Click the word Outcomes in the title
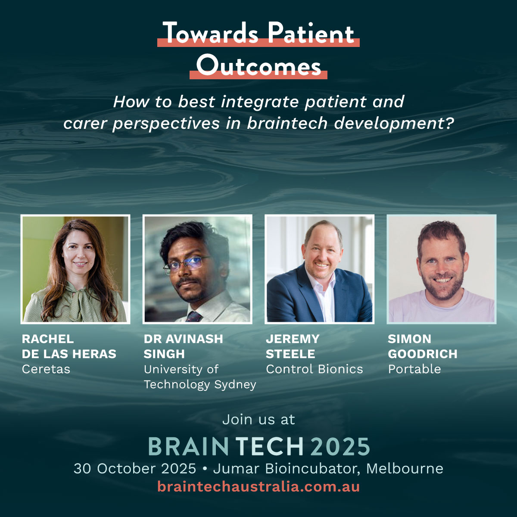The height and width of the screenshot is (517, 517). [x=258, y=65]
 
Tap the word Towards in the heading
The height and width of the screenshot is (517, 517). [x=210, y=33]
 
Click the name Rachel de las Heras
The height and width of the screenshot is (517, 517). [x=69, y=346]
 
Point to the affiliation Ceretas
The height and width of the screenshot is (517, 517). [x=46, y=369]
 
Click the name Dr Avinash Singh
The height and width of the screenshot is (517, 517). [x=183, y=346]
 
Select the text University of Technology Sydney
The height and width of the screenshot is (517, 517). [x=200, y=377]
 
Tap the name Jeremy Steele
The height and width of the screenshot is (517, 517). [x=293, y=346]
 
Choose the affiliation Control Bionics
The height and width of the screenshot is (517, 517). [x=314, y=369]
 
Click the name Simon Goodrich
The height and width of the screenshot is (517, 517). [x=423, y=346]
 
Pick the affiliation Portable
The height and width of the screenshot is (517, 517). [x=414, y=369]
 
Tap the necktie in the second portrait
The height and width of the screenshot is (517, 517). [x=194, y=316]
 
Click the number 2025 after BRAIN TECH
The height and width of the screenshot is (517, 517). [x=341, y=446]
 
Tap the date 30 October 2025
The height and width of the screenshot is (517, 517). [x=135, y=469]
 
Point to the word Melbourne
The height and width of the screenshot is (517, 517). [x=405, y=469]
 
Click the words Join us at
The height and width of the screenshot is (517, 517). [x=258, y=420]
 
